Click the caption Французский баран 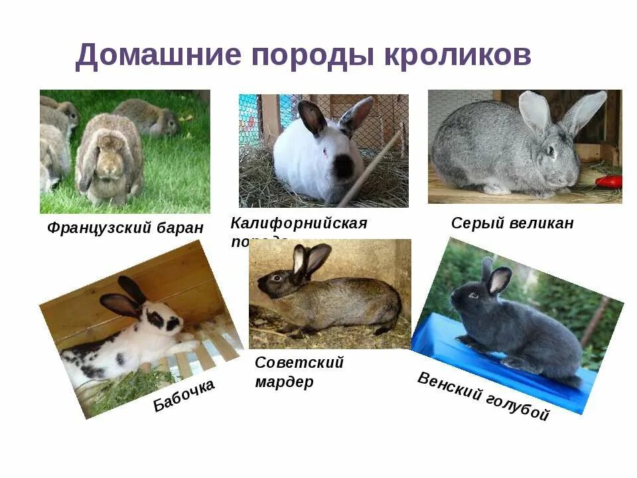(x=125, y=228)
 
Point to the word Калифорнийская (x=299, y=223)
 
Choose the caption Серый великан (x=512, y=224)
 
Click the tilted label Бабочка (x=184, y=396)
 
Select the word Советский (x=299, y=363)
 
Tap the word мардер (x=284, y=383)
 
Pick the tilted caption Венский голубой (x=484, y=397)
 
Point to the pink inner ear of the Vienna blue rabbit (x=497, y=281)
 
